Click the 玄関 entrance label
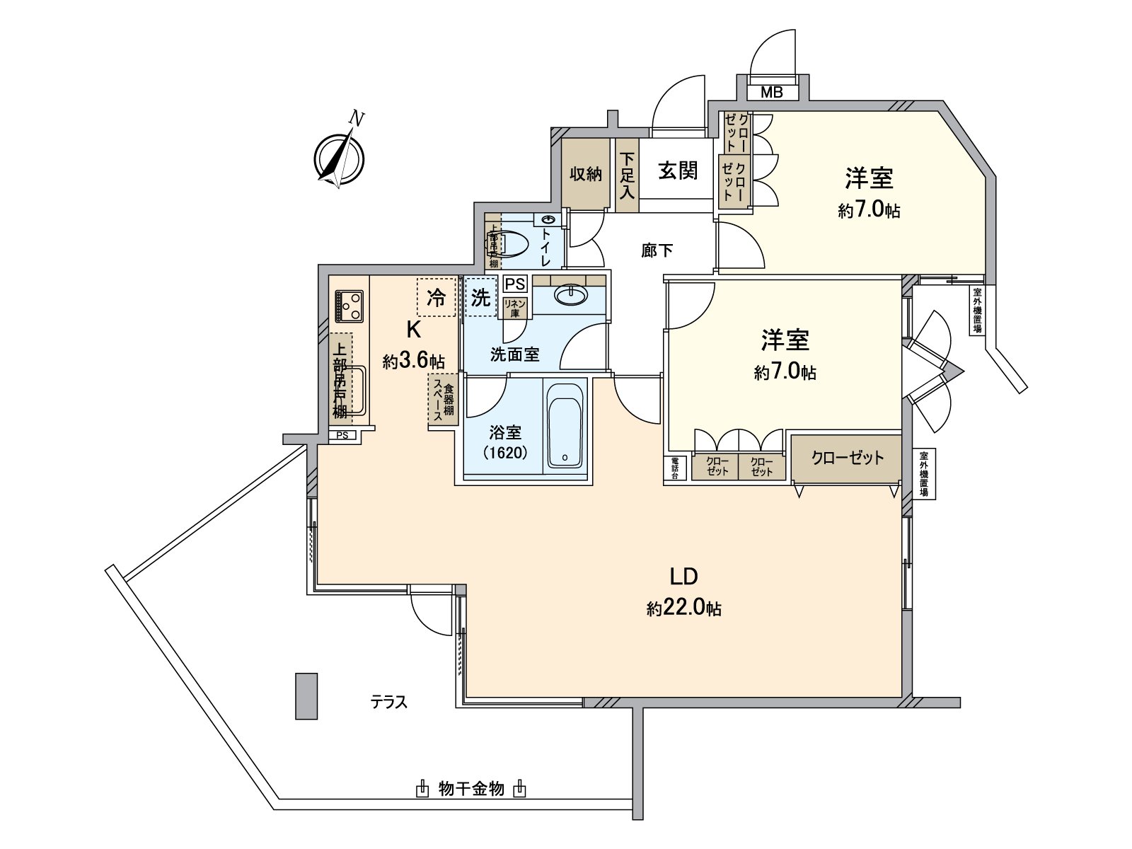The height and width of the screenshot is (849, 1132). click(x=678, y=171)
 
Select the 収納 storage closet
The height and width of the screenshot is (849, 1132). click(x=586, y=173)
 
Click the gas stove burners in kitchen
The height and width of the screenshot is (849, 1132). click(x=348, y=305)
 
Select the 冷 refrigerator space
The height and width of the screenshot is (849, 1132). click(x=437, y=298)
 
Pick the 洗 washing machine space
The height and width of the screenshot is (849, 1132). click(x=480, y=298)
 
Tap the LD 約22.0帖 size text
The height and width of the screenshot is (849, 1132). click(x=683, y=608)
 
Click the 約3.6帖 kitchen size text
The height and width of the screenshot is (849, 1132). click(x=414, y=362)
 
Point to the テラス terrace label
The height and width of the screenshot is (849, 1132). click(x=389, y=703)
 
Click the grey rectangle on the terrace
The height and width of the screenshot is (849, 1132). click(x=306, y=696)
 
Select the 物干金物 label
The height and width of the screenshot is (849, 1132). click(x=471, y=788)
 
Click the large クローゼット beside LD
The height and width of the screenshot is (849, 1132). click(x=847, y=458)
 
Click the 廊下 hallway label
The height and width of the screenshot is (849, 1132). click(x=657, y=250)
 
